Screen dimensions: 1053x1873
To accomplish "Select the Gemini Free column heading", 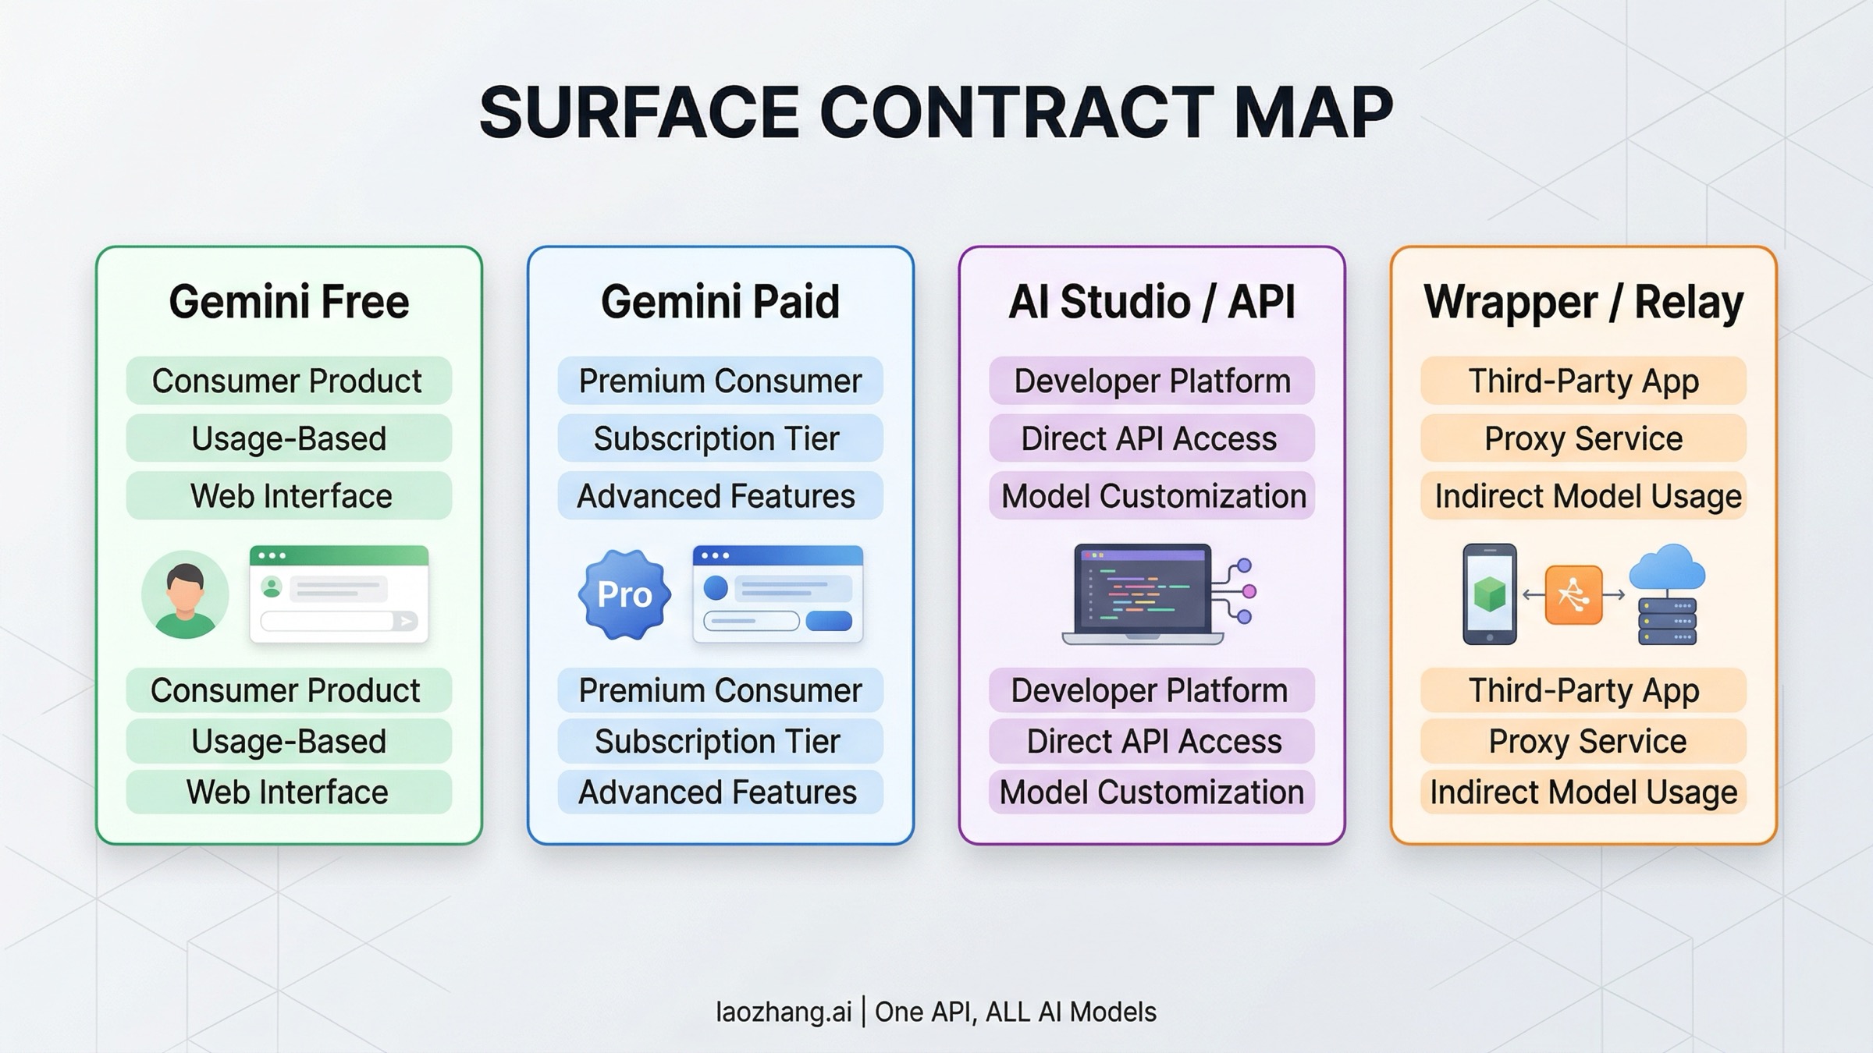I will (289, 302).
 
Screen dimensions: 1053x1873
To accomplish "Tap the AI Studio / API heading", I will (1151, 302).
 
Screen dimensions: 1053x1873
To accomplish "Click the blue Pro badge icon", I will (624, 594).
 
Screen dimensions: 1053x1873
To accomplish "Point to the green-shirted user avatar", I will (185, 594).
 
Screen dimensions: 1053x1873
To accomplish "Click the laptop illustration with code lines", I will (1143, 594).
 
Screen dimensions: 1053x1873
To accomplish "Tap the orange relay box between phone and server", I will (1573, 594).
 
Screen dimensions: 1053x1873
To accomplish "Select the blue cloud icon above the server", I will (1667, 567).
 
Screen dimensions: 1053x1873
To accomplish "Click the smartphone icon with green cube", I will (1489, 594).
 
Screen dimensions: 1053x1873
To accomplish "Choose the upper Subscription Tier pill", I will (720, 438).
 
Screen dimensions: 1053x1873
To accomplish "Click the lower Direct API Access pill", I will (1151, 741).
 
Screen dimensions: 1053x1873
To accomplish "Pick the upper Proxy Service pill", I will (1583, 438).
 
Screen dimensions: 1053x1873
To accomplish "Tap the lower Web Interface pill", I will (289, 792).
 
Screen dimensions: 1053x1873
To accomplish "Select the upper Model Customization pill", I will (1151, 496).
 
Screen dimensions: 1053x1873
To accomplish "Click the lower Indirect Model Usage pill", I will (1583, 792).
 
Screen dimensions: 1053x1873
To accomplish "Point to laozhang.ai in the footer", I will (783, 1012).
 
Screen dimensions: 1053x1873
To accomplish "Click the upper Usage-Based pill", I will (289, 438).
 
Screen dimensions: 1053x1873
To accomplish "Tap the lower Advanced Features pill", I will (720, 792).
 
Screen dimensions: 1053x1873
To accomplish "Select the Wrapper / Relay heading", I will (1583, 302).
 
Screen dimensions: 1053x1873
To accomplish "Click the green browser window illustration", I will (339, 594).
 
